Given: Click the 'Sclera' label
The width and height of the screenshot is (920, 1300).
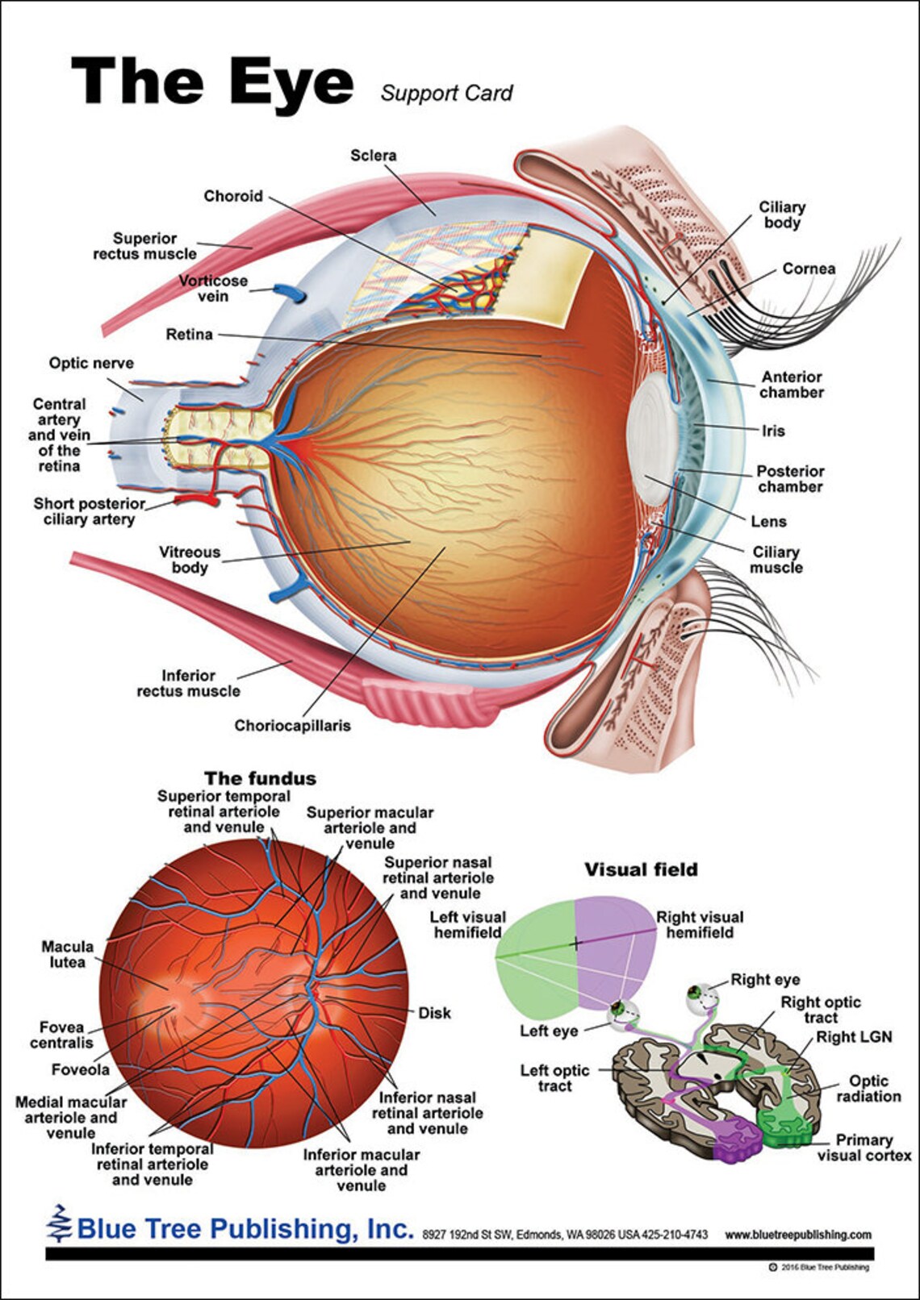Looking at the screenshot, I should (373, 155).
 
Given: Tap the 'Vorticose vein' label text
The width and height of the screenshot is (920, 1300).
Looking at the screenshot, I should (213, 289).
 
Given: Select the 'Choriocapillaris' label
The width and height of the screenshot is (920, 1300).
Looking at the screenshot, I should (292, 725).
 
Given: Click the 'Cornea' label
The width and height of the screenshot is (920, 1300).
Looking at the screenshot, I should (808, 269).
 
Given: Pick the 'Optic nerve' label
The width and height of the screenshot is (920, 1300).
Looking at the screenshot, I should (91, 363).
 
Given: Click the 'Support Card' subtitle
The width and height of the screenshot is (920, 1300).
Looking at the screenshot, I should (446, 93).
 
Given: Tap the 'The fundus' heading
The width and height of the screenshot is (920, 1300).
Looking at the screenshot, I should (260, 778).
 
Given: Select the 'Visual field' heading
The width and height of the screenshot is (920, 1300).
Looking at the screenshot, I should (641, 869).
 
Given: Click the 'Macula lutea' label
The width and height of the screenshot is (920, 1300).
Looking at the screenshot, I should (67, 954).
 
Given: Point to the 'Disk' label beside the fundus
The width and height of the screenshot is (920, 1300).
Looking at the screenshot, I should (434, 1013).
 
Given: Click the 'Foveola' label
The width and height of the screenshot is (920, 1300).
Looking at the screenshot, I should (80, 1069).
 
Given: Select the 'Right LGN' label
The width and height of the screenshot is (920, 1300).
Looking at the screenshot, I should (854, 1037).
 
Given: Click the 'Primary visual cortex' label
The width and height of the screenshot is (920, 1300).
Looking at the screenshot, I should (864, 1148).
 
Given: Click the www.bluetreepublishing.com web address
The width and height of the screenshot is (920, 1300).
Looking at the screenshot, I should (797, 1235).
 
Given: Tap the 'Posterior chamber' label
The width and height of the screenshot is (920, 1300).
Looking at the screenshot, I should (790, 479).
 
